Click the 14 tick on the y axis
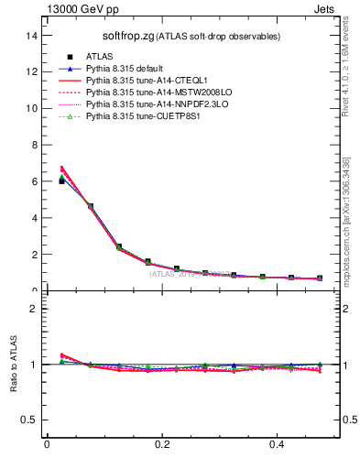pos(33,35)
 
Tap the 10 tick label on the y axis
pos(33,108)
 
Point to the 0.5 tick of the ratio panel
pos(31,420)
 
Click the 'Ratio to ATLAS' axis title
pos(14,364)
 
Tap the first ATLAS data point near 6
pos(61,181)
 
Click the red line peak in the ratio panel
pos(61,354)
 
